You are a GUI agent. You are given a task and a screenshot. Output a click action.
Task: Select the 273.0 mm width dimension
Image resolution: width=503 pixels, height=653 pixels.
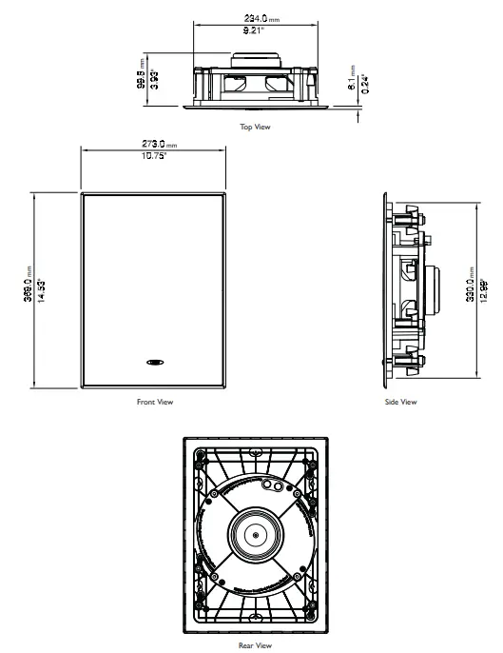(x=154, y=146)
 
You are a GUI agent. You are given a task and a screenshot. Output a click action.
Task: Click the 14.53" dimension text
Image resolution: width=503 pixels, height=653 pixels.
(x=45, y=289)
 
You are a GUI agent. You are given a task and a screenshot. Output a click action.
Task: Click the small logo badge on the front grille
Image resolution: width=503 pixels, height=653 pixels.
(x=154, y=362)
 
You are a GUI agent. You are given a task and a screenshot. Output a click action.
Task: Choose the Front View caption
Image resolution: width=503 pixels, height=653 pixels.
(x=154, y=402)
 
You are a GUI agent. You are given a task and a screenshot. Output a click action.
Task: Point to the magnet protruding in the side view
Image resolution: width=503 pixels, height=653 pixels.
(x=436, y=289)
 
